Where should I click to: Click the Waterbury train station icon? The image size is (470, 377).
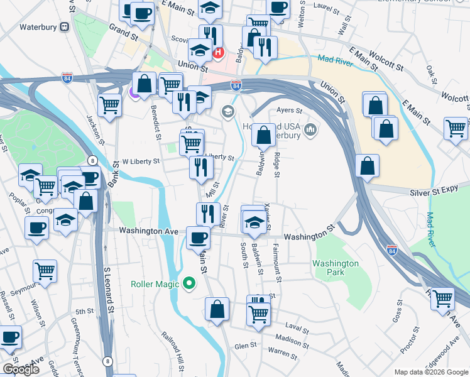tap(64, 27)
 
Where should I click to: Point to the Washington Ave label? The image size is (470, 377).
tap(149, 231)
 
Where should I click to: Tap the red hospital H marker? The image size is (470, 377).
tap(218, 53)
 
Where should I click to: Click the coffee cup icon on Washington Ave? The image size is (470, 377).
tap(199, 238)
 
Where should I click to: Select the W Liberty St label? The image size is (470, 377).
tap(140, 161)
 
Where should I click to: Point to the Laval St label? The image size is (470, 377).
tap(297, 329)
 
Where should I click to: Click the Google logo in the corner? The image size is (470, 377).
tap(21, 369)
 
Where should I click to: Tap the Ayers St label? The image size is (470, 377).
tap(290, 110)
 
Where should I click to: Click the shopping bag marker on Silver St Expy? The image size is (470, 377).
tap(368, 166)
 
